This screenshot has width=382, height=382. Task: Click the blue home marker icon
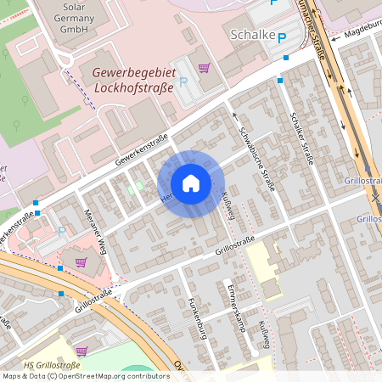[191, 183]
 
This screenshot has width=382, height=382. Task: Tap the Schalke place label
[253, 34]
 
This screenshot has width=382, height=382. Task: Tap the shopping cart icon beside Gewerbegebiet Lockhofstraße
[204, 68]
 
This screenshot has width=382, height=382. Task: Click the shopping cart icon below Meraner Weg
[81, 261]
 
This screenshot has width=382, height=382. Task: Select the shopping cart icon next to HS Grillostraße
[81, 350]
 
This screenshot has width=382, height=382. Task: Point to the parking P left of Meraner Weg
[62, 232]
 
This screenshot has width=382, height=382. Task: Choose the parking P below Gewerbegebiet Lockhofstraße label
[183, 83]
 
